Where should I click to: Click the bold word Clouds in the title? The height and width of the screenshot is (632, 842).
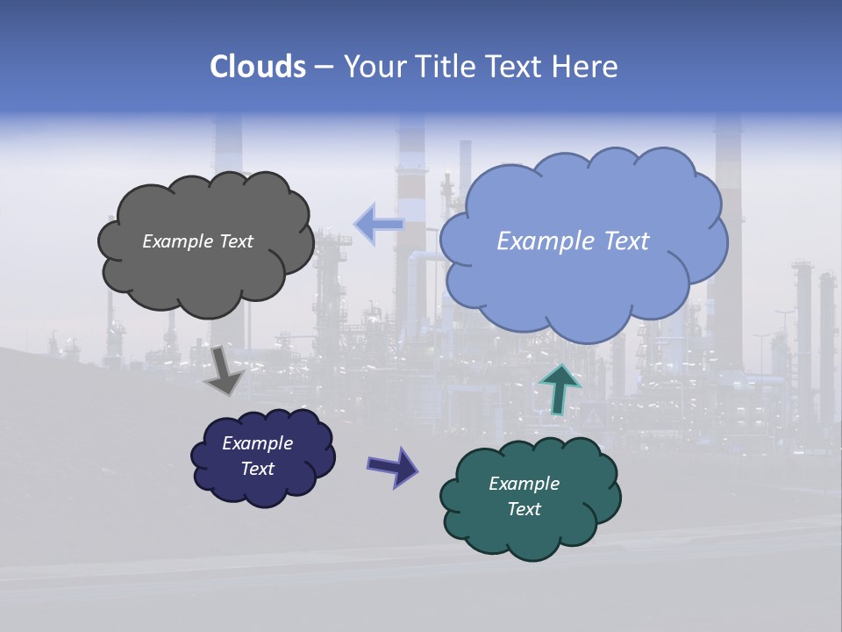click(257, 67)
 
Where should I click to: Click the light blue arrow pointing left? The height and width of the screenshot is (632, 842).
click(378, 224)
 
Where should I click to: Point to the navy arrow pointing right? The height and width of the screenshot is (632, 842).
click(393, 466)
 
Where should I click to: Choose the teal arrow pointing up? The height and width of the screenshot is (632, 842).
click(559, 388)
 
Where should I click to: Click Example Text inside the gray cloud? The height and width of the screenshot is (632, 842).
click(197, 241)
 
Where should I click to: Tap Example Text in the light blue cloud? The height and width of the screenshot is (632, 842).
click(573, 241)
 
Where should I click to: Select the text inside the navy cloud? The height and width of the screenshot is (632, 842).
click(258, 456)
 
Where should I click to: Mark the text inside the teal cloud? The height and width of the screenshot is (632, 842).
click(524, 496)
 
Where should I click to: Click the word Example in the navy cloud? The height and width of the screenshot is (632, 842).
click(258, 443)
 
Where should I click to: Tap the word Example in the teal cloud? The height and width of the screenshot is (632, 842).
click(524, 484)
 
